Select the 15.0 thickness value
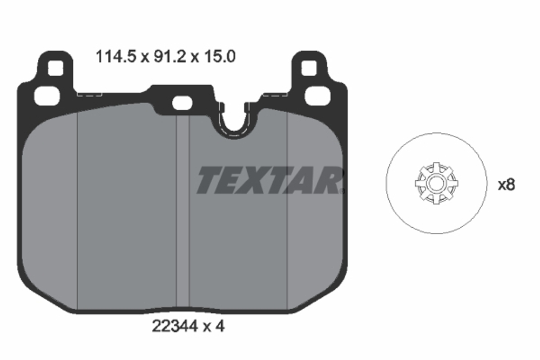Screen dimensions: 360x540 219,57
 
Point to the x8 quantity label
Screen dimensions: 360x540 506,185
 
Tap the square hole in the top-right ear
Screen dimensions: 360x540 308,69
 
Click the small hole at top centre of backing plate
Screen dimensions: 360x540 180,103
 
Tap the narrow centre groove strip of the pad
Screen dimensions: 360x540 183,216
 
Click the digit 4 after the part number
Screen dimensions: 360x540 220,327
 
